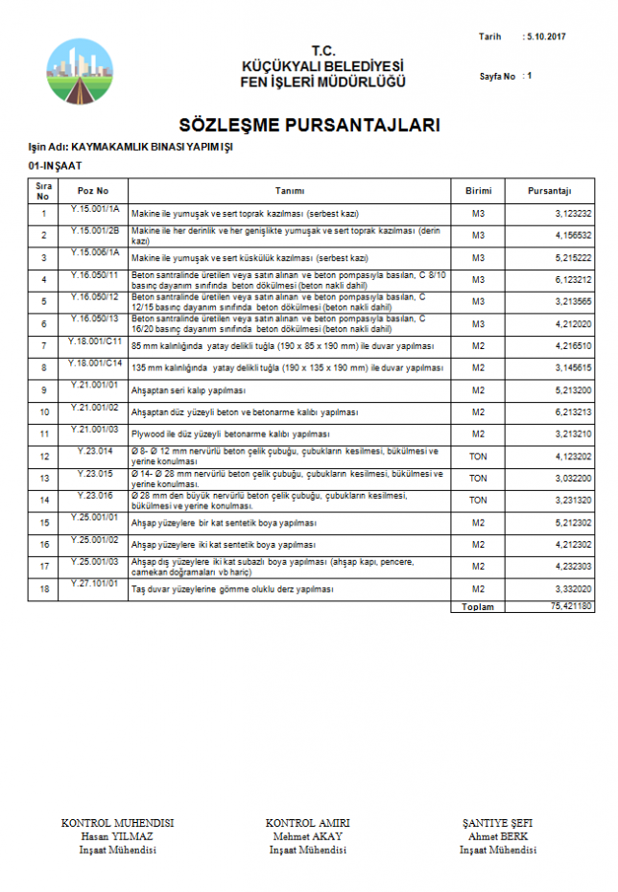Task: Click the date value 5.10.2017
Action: (x=547, y=36)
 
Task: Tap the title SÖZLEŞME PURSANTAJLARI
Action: (x=309, y=126)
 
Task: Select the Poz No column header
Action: (x=93, y=191)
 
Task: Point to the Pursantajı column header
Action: (x=549, y=191)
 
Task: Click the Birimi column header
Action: (x=478, y=191)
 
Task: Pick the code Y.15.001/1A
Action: (x=94, y=208)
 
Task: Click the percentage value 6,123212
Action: (x=573, y=279)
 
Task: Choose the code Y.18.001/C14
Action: (x=94, y=363)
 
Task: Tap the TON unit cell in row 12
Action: (x=478, y=457)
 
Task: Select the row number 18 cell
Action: (x=43, y=589)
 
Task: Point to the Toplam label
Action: (x=478, y=606)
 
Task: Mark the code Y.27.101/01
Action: (x=94, y=583)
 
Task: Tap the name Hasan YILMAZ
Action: (x=117, y=835)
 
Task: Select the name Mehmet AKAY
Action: (x=307, y=835)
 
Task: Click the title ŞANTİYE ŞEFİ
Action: (x=497, y=823)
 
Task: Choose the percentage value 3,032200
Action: (x=573, y=478)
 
